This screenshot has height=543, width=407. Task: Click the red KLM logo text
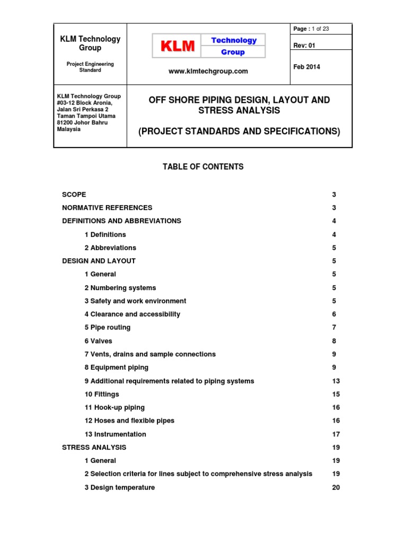pos(178,47)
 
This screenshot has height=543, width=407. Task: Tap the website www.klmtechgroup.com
pos(208,72)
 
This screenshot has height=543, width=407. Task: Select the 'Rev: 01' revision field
pos(304,46)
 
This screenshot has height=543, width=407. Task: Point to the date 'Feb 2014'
pos(307,67)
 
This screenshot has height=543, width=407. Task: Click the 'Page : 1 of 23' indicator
pos(311,29)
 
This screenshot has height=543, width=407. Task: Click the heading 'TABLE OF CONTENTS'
pos(203,167)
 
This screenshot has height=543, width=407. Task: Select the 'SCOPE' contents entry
pos(74,195)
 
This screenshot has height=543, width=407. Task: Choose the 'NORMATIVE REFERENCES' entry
pos(107,208)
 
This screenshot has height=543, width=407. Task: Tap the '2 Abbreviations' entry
pos(110,248)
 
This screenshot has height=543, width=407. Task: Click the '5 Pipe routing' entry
pos(108,327)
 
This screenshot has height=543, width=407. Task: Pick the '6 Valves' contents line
pos(99,341)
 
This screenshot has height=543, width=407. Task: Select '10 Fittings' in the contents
pos(102,394)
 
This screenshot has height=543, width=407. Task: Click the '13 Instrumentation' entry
pos(115,434)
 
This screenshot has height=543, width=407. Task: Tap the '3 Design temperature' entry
pos(120,487)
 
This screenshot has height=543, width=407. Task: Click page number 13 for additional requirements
pos(336,381)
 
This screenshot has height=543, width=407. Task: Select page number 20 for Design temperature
pos(336,487)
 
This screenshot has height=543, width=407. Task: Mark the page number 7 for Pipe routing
pos(334,327)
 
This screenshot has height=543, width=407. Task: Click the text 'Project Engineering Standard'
pos(90,67)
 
